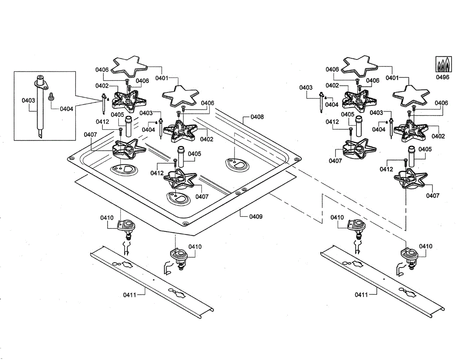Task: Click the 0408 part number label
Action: point(257,117)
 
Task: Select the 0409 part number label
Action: point(256,216)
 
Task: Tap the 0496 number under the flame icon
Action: point(442,77)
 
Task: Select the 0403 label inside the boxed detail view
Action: point(28,100)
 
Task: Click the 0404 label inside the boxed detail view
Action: point(66,109)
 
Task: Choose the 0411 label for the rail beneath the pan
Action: point(130,295)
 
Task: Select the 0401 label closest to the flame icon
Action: point(392,78)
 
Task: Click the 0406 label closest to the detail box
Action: point(102,70)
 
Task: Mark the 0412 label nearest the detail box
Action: point(102,122)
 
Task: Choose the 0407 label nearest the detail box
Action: point(90,135)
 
